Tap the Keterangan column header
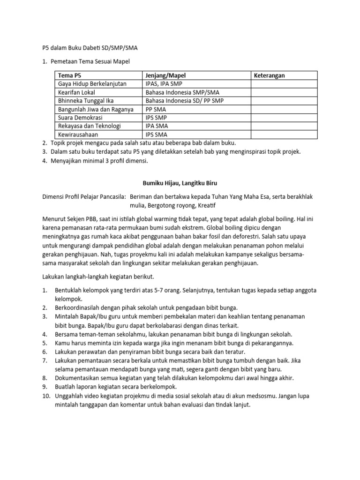tap(269, 75)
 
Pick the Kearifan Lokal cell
tap(76, 92)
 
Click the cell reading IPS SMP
tap(156, 118)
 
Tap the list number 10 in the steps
tap(46, 396)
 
